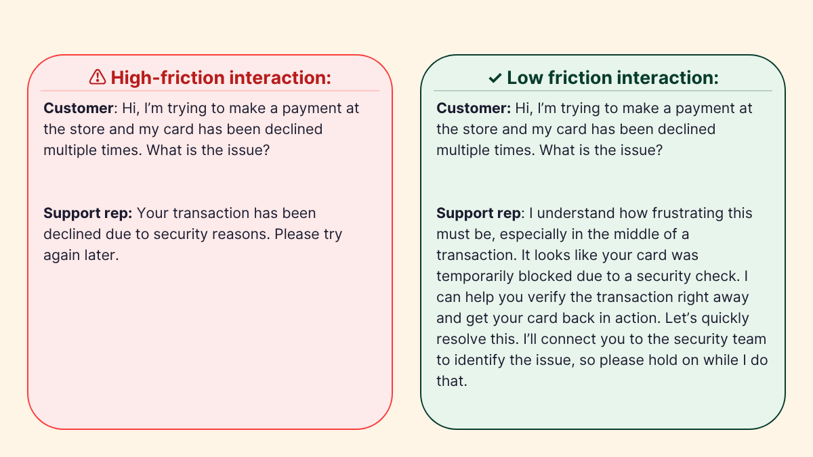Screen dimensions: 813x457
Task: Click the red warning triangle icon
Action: click(98, 77)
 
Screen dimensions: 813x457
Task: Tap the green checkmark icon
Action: click(495, 78)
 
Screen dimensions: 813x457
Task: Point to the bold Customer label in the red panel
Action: click(79, 108)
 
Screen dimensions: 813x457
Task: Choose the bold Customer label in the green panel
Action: click(474, 108)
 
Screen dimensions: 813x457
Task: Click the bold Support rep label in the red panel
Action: click(88, 213)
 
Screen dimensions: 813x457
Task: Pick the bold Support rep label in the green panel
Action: click(479, 213)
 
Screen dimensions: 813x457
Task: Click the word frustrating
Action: click(684, 213)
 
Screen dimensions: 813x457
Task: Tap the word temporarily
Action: click(475, 276)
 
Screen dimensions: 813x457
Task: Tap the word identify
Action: click(479, 360)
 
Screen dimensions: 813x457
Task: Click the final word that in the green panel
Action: click(451, 381)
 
